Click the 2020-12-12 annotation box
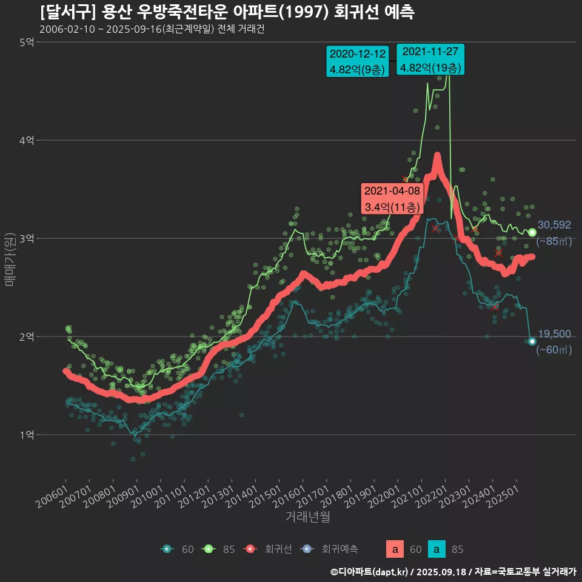pos(357,61)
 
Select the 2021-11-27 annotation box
pos(430,59)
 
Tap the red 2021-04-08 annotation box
pos(392,198)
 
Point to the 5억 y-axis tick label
pos(27,42)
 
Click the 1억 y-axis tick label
pos(27,435)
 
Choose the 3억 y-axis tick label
pos(27,238)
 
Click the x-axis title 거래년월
pos(307,517)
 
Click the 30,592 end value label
pos(554,225)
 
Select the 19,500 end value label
pos(554,334)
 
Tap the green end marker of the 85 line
pos(532,233)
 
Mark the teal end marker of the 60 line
pos(532,341)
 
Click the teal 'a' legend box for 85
pos(436,549)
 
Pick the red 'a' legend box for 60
pos(395,549)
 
